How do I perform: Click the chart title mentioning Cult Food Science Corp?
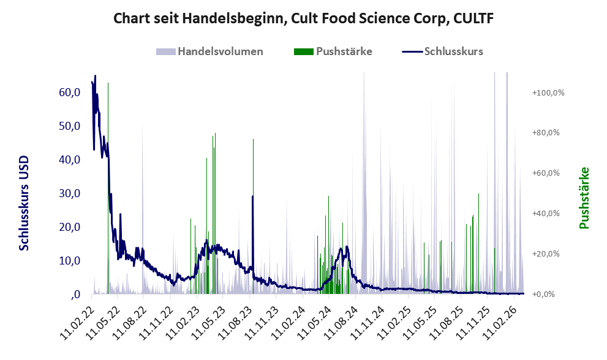[x=304, y=19]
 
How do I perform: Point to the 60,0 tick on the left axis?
[x=70, y=92]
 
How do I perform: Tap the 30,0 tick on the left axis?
[x=70, y=193]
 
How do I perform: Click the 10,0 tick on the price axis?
[x=70, y=261]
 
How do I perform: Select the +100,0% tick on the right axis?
[x=548, y=92]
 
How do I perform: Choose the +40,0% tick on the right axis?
[x=548, y=214]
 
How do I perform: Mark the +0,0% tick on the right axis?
[x=548, y=294]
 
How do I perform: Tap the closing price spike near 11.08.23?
[x=252, y=197]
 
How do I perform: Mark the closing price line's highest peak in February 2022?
[x=95, y=77]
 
